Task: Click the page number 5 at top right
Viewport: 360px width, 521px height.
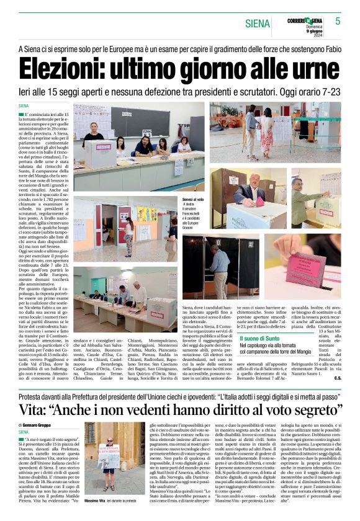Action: pos(338,21)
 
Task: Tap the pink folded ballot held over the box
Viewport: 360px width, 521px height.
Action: pos(259,202)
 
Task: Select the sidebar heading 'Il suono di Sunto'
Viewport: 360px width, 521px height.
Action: pos(262,339)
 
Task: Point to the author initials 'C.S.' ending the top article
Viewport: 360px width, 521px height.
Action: pos(338,378)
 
